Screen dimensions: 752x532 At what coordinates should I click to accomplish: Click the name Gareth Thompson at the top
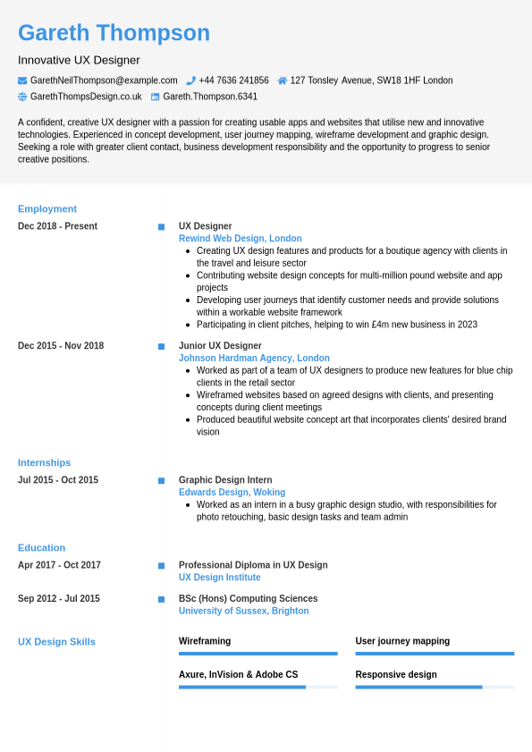click(114, 33)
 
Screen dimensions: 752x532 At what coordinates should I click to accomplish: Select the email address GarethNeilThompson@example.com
click(104, 80)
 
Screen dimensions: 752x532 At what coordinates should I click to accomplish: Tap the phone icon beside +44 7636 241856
click(191, 80)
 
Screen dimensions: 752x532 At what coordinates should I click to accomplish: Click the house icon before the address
click(283, 80)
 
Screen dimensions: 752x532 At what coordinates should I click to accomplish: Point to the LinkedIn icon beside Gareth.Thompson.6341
click(155, 97)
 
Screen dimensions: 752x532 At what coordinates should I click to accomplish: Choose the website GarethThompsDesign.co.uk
click(86, 97)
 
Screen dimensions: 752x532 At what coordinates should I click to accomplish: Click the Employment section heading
click(47, 209)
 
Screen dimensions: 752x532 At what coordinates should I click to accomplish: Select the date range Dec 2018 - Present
click(57, 226)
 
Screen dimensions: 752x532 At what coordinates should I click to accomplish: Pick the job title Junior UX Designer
click(220, 346)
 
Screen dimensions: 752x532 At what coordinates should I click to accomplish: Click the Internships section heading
click(44, 463)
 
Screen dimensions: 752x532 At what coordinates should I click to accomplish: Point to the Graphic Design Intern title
click(225, 480)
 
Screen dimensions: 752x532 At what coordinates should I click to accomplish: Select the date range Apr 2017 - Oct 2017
click(59, 565)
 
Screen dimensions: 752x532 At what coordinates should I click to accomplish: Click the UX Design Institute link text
click(219, 578)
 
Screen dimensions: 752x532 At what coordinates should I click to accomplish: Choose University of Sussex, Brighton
click(243, 612)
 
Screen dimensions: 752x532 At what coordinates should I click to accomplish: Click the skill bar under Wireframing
click(258, 654)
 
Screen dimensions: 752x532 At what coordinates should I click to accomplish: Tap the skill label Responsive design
click(396, 675)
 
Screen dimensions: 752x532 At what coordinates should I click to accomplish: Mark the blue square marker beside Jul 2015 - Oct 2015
click(161, 481)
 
